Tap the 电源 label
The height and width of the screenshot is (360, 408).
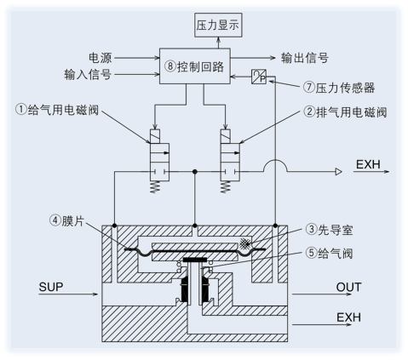click(x=100, y=56)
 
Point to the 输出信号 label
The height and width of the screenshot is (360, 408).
click(x=304, y=58)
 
